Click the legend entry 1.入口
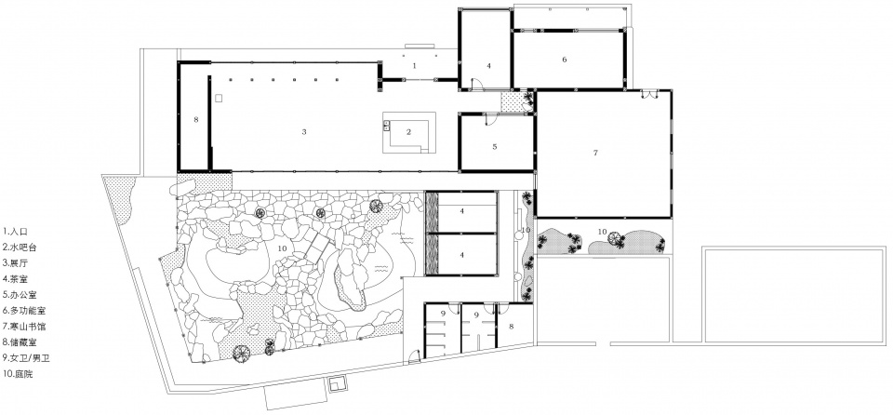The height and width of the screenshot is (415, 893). (x=16, y=232)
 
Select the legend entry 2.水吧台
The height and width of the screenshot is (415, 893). (x=20, y=248)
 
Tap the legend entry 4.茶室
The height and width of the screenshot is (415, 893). (x=16, y=279)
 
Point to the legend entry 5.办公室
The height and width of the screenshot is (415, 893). (x=20, y=295)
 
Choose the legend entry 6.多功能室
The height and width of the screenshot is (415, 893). (x=23, y=311)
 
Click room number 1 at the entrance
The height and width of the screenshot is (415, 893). (x=415, y=65)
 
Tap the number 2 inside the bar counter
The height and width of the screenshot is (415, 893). (x=408, y=132)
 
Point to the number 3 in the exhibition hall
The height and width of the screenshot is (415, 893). (x=304, y=132)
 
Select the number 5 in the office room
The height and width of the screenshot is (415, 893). (x=495, y=146)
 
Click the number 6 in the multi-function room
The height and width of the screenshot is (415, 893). (x=565, y=60)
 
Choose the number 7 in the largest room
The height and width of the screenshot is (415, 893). (x=595, y=153)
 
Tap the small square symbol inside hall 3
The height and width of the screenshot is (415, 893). (x=219, y=98)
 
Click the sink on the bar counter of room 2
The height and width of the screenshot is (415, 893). (x=386, y=126)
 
